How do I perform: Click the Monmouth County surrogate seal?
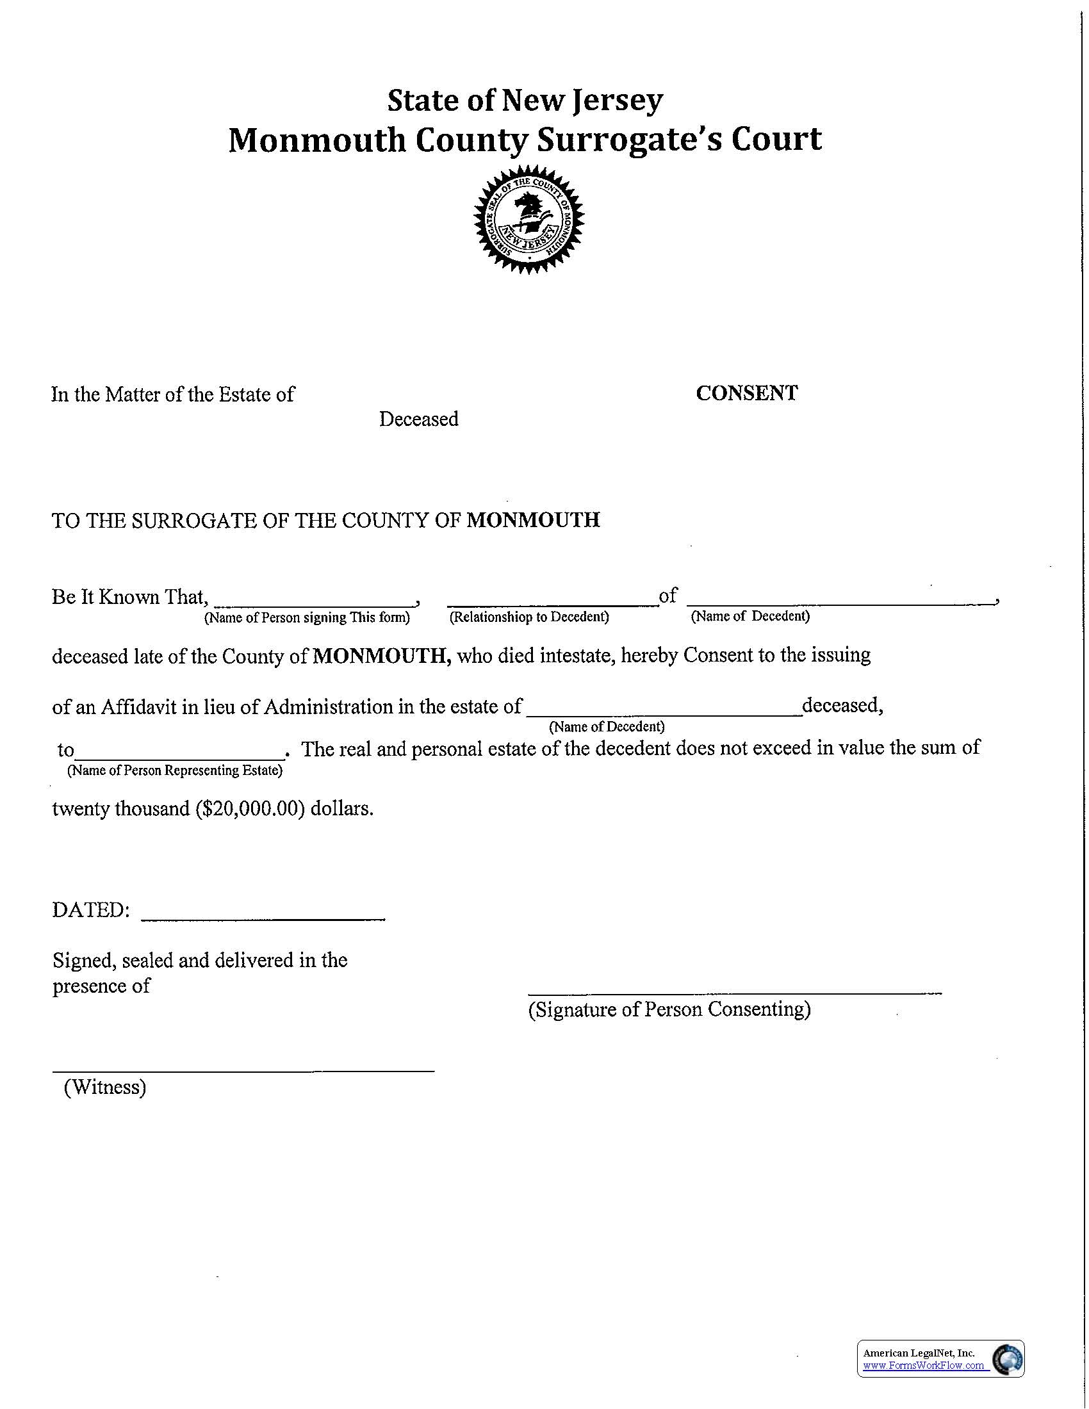coord(529,219)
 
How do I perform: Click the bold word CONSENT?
coord(746,393)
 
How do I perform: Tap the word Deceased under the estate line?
coord(419,419)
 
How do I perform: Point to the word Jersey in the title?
coord(618,100)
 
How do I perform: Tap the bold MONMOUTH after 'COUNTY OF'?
coord(533,520)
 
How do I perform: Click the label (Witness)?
coord(105,1087)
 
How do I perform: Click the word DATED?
coord(91,910)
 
